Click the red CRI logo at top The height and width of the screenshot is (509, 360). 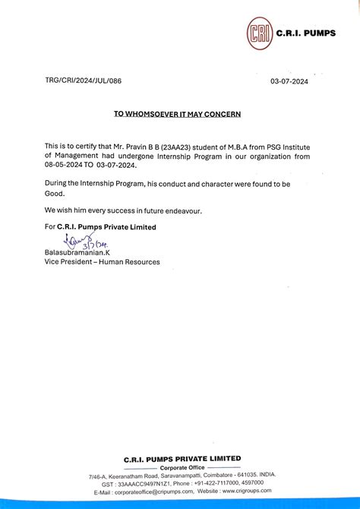[260, 34]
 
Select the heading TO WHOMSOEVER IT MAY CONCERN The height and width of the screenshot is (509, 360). [177, 114]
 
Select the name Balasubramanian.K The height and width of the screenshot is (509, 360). [80, 253]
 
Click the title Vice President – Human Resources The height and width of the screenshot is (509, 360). [102, 262]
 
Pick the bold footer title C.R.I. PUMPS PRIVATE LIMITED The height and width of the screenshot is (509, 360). [182, 459]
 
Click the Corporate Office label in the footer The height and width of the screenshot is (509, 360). [182, 467]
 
